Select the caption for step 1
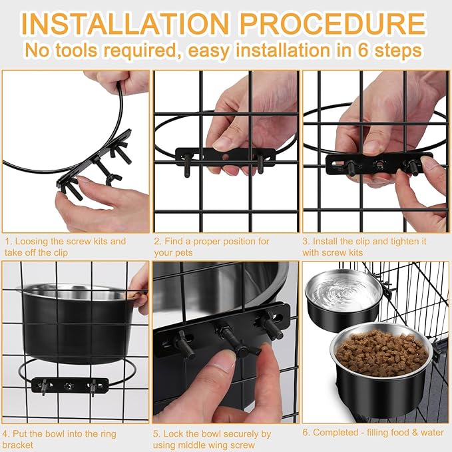click(65, 246)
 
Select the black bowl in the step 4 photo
click(75, 323)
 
